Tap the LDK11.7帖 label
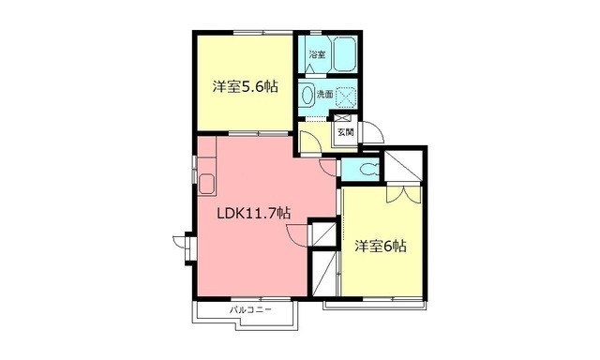[x=253, y=213]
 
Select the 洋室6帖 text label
[x=380, y=247]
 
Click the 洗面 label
[x=323, y=95]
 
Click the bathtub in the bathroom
[x=343, y=56]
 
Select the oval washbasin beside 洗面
[x=307, y=95]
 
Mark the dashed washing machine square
[x=348, y=96]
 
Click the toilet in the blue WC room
[x=367, y=171]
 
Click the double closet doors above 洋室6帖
[x=398, y=194]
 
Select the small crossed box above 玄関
[x=343, y=117]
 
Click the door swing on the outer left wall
[x=180, y=247]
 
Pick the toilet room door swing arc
[x=328, y=166]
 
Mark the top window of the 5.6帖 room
[x=247, y=34]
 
